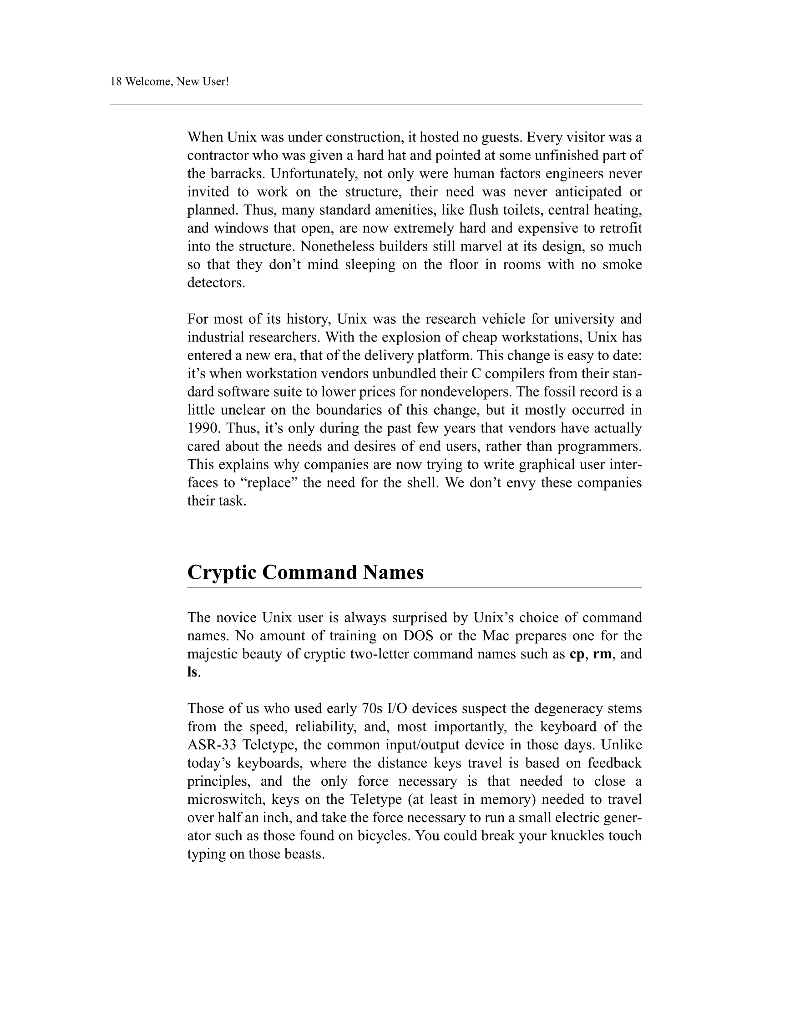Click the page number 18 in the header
point(116,82)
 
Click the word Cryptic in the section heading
point(222,572)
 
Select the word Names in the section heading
point(393,572)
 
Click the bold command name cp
point(577,654)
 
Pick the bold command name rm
point(602,654)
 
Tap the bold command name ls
point(192,672)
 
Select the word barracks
point(238,174)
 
